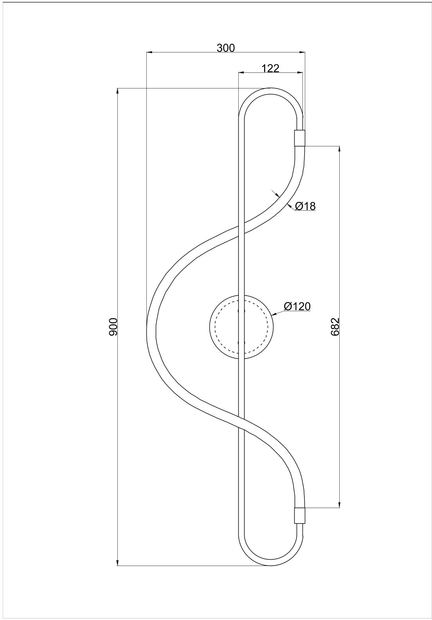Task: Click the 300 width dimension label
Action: (x=225, y=48)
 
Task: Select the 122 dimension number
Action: (x=270, y=68)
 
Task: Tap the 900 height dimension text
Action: (x=113, y=327)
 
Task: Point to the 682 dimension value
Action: (x=335, y=327)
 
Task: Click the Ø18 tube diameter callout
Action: (x=305, y=206)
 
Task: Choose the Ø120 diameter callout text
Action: (x=297, y=306)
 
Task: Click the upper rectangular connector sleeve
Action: (x=299, y=138)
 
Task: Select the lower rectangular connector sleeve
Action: (x=299, y=515)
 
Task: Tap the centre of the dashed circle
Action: (x=241, y=327)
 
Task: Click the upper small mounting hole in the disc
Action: (x=241, y=311)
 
